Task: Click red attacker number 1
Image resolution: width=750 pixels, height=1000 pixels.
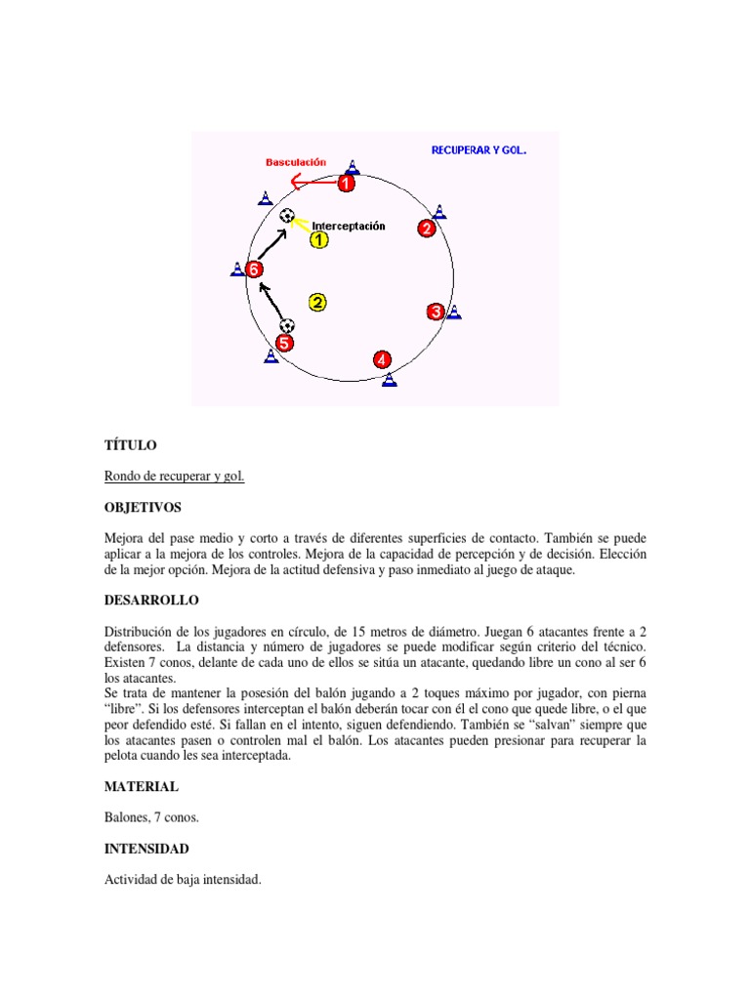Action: (x=347, y=183)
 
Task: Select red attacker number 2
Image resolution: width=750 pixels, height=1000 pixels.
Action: (x=427, y=229)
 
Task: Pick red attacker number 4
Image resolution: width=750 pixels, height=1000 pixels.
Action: (x=383, y=360)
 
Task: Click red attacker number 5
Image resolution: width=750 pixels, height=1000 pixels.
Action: (x=284, y=343)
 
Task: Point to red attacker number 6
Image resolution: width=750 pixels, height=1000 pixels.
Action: (x=254, y=270)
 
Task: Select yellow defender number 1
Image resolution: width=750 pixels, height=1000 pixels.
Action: (x=319, y=240)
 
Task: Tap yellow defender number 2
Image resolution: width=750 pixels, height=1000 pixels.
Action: (x=317, y=303)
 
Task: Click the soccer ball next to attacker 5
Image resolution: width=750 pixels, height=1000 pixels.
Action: (x=286, y=325)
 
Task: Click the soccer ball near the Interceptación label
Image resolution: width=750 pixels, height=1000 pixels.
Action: (x=286, y=216)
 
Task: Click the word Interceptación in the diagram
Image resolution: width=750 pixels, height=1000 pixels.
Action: (x=349, y=226)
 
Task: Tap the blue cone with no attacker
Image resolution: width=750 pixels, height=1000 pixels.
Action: (x=265, y=199)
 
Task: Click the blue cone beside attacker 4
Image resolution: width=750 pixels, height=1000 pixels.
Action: (x=390, y=379)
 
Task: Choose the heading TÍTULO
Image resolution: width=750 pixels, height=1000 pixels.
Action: (x=130, y=445)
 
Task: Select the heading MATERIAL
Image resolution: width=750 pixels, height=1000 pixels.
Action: (x=142, y=786)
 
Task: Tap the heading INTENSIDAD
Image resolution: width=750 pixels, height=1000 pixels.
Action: (x=146, y=849)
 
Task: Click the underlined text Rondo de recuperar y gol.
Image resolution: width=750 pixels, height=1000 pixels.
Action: (x=174, y=477)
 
